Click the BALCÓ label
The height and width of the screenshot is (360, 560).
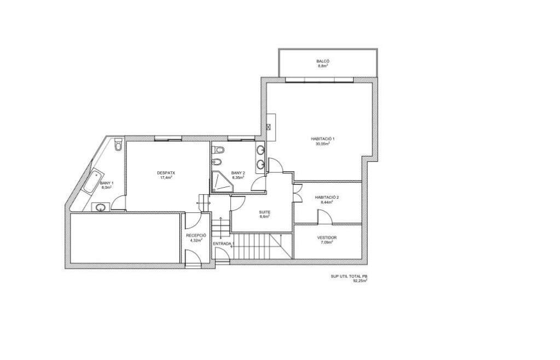(323, 61)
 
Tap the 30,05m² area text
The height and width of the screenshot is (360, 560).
(323, 144)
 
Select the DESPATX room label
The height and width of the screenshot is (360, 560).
(166, 173)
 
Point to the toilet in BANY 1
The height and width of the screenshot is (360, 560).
(118, 144)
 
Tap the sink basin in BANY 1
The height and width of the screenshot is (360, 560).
(100, 207)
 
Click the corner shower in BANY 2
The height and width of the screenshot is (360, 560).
(222, 182)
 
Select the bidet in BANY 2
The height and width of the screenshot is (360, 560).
(217, 162)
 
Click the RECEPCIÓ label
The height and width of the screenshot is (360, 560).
(196, 236)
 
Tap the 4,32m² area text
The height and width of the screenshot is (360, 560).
(196, 240)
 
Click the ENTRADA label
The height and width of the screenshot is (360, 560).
(222, 243)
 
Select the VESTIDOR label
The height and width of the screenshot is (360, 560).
(327, 237)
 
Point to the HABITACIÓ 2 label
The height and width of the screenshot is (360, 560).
(327, 197)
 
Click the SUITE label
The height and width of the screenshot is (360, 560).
(265, 212)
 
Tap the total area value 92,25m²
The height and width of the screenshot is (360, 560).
(360, 281)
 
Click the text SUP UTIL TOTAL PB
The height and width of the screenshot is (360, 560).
(349, 276)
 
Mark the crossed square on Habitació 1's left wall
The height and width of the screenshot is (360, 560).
(269, 127)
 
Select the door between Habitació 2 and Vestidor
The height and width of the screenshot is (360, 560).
(325, 217)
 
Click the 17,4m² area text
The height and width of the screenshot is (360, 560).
(166, 177)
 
